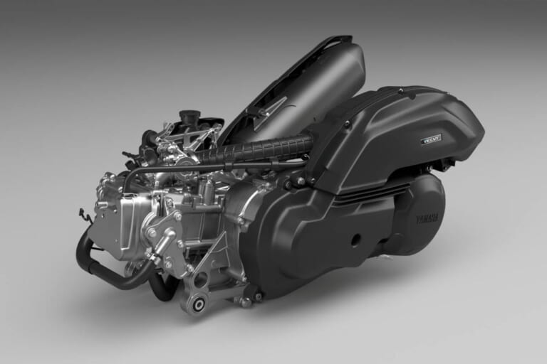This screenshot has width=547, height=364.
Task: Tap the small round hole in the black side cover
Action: [355, 240]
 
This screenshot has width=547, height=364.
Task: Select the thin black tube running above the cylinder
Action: [214, 168]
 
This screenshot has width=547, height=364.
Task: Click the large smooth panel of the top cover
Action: [321, 78]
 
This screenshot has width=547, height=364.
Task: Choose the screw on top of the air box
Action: [401, 92]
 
